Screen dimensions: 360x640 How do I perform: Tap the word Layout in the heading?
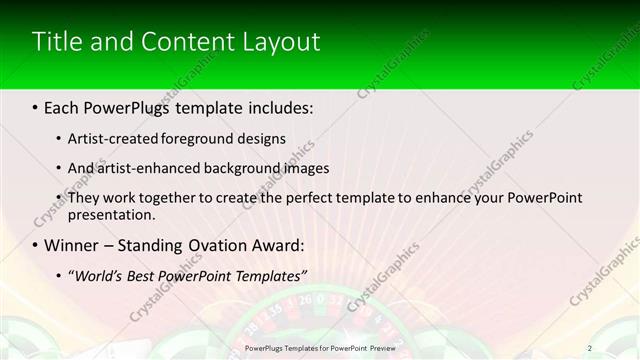[x=283, y=42]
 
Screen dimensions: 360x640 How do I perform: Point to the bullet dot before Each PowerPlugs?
[x=35, y=106]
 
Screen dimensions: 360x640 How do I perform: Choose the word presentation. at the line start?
[x=111, y=214]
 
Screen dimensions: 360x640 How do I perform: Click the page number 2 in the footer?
[x=590, y=348]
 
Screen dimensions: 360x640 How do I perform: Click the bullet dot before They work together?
[x=59, y=198]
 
